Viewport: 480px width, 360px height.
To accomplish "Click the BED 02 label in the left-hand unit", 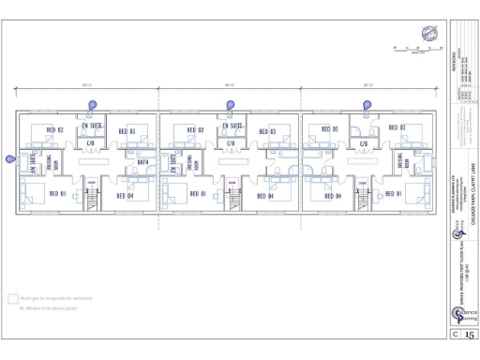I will pyautogui.click(x=54, y=130).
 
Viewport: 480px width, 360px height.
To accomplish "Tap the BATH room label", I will pyautogui.click(x=142, y=162).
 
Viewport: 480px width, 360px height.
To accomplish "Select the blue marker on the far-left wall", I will pyautogui.click(x=10, y=159).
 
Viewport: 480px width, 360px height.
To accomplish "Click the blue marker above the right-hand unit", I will pyautogui.click(x=367, y=105).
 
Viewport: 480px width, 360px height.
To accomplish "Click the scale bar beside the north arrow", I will pyautogui.click(x=411, y=47).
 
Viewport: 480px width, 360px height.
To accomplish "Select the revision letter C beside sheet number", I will pyautogui.click(x=456, y=332).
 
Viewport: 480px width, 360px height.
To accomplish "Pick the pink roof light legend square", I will pyautogui.click(x=13, y=297).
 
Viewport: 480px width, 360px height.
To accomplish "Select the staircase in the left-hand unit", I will pyautogui.click(x=92, y=200).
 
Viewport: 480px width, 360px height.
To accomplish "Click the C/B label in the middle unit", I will pyautogui.click(x=230, y=143).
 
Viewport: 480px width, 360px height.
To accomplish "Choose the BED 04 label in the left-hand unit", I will pyautogui.click(x=126, y=195).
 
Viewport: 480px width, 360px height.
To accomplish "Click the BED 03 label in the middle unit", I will pyautogui.click(x=266, y=130).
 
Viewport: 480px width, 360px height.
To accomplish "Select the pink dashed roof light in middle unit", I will pyautogui.click(x=231, y=162).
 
